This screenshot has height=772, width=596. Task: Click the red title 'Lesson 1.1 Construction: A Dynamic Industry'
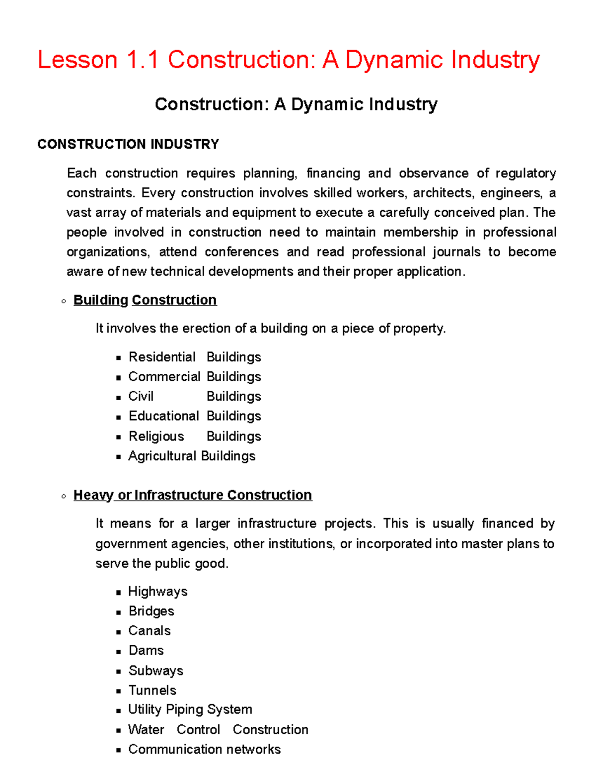pos(289,60)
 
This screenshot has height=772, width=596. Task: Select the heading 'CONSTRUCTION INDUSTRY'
pos(128,144)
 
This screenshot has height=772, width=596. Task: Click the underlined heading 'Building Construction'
pos(145,300)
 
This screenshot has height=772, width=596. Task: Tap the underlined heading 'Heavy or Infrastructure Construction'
pos(193,495)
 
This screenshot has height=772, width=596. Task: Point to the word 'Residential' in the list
pos(162,357)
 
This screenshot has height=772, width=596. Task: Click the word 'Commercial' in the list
pos(164,377)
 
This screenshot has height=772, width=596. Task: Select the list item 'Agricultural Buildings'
pos(192,456)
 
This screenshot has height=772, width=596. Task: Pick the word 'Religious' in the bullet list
pos(156,436)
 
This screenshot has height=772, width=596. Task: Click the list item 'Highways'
pos(157,592)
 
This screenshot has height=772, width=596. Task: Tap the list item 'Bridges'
pos(151,611)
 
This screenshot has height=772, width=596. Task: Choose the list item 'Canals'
pos(149,631)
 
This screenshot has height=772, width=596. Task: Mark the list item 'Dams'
pos(146,650)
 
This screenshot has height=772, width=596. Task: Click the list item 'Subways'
pos(155,671)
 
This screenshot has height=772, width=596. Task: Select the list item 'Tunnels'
pos(152,690)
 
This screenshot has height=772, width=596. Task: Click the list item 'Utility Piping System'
pos(190,709)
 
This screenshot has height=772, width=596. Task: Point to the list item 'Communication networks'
pos(204,749)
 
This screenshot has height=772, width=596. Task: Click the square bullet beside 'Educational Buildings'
pos(118,417)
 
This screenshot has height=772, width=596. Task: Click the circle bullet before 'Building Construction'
pos(64,301)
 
